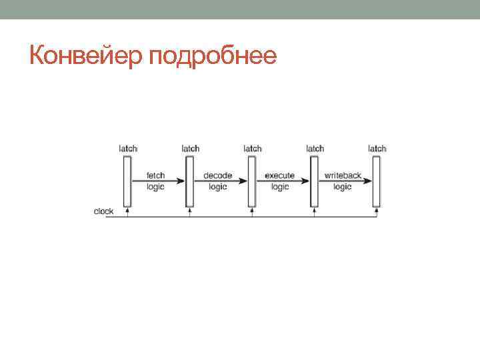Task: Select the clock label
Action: (x=104, y=211)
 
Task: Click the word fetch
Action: (x=156, y=176)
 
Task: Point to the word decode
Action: (x=218, y=176)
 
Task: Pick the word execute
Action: (x=280, y=176)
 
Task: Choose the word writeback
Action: (x=343, y=176)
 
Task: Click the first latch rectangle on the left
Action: (x=127, y=181)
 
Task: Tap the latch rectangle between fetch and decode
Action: (x=189, y=181)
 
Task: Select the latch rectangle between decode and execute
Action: (x=251, y=181)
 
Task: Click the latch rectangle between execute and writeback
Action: (x=314, y=181)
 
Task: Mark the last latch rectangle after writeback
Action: (x=377, y=181)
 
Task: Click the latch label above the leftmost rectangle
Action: (x=128, y=148)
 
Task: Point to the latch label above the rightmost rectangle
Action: (x=377, y=148)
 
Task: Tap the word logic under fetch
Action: (x=156, y=187)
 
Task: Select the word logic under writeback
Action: (x=343, y=187)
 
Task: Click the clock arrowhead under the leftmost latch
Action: (x=127, y=211)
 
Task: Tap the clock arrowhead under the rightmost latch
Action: (x=377, y=211)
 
